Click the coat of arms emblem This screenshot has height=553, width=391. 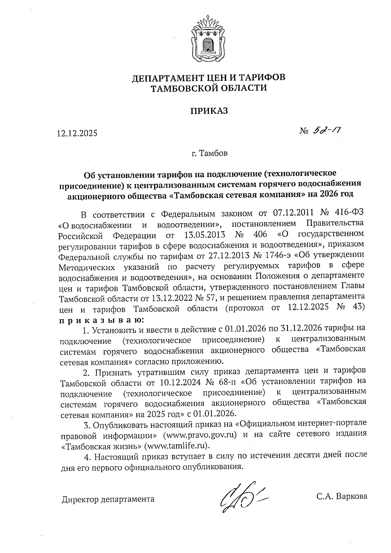coord(206,39)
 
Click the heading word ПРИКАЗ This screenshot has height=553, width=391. coord(209,111)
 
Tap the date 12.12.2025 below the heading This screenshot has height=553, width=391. coord(77,133)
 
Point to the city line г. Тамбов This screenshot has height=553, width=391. coord(210,153)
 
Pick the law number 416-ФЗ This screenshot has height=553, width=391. coord(349,213)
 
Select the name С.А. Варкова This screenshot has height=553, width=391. coord(341,496)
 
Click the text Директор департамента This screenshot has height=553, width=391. coord(108,499)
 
